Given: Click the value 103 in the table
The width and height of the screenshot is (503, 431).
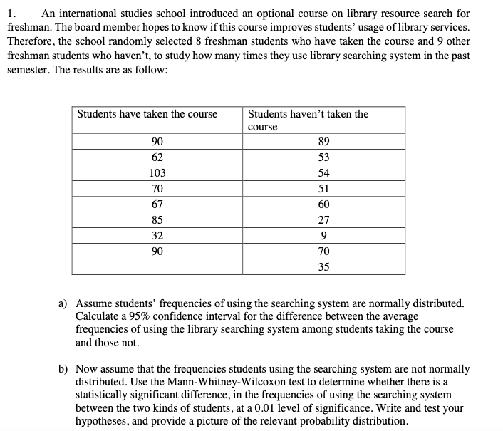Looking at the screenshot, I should coord(157,172).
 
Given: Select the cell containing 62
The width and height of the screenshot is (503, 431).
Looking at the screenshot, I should coord(157,157).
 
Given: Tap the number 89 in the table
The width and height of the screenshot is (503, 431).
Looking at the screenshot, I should coord(324,141).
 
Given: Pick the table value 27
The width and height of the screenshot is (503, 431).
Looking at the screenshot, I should coord(324,219).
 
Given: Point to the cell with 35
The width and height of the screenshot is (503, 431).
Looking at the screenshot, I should coord(324,267).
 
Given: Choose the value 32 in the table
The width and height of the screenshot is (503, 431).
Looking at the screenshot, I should coord(157,235).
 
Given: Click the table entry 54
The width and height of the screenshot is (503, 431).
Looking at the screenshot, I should coord(324,172).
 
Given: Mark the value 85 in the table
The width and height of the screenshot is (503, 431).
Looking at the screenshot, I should coord(157,219).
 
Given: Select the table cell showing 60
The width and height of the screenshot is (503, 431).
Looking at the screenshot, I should coord(324,204).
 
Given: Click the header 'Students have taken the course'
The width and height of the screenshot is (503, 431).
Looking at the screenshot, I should coord(147,114).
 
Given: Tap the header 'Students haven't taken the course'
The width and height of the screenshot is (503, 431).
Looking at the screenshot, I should coord(308,120).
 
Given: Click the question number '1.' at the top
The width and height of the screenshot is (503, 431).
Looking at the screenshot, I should coord(11,13).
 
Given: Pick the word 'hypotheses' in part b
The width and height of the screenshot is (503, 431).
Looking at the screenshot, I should coord(100,420).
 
